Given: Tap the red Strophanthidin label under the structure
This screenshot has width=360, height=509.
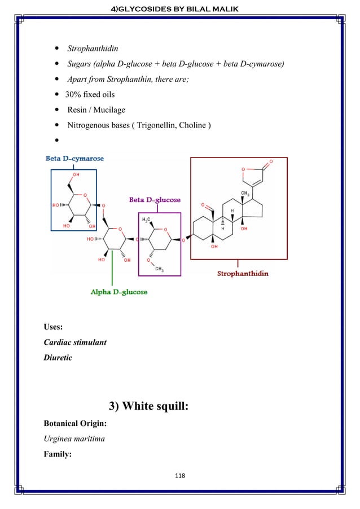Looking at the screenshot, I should tap(243, 274).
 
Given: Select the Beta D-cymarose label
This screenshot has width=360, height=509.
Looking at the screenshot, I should tap(74, 159).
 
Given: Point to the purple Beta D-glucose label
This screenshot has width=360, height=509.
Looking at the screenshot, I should tap(155, 200).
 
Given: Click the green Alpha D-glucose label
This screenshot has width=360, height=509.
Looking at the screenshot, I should tap(119, 292).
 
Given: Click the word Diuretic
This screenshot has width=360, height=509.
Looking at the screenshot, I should tap(58, 358).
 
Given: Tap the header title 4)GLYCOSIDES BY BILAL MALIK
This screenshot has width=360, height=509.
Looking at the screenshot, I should tap(180, 7).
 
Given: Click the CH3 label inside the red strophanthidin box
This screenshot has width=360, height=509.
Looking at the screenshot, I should tap(245, 195).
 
